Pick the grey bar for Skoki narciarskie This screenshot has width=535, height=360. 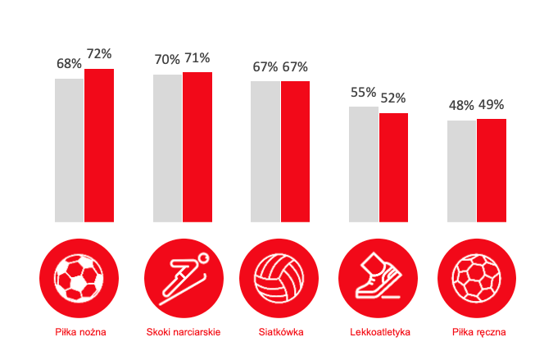[x=167, y=148]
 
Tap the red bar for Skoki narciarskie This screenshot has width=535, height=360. [x=197, y=147]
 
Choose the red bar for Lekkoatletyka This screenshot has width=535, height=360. [x=393, y=167]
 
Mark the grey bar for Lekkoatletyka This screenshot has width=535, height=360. [x=364, y=164]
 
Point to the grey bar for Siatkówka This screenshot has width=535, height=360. [x=265, y=152]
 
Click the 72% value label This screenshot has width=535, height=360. [x=99, y=54]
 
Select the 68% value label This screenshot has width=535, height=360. [x=69, y=64]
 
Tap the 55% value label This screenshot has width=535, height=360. [x=363, y=92]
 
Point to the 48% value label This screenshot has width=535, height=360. [x=461, y=106]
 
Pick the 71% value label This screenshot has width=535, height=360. [x=197, y=58]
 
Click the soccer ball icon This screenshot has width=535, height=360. [x=76, y=276]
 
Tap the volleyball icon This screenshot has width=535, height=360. [x=279, y=276]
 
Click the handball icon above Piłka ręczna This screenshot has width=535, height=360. [x=476, y=276]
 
